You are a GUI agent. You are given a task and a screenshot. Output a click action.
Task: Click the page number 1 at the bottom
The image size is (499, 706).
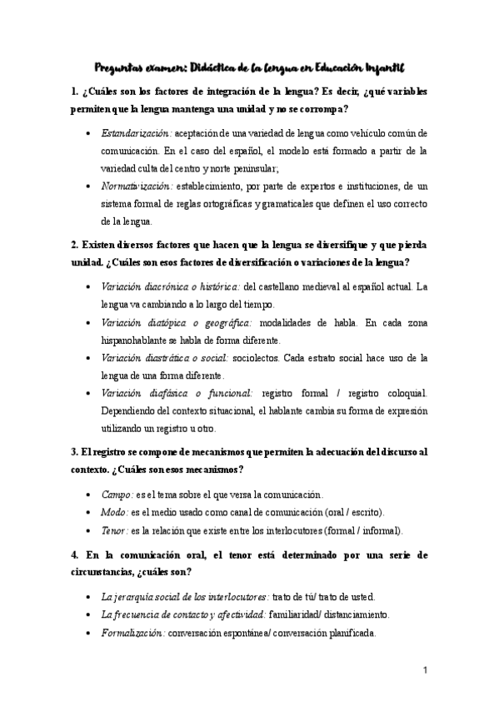click(424, 670)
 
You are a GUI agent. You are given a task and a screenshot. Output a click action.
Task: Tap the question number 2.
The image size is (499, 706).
click(74, 246)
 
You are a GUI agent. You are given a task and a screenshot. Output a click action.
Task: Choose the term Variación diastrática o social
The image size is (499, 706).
click(165, 358)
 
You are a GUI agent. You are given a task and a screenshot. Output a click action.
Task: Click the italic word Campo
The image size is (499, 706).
click(115, 495)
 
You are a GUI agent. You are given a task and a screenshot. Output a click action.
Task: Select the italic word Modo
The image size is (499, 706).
click(114, 512)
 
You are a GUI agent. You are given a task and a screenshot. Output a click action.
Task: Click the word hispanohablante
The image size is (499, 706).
click(134, 340)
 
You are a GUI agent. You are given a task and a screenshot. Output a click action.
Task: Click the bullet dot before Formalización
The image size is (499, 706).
click(89, 633)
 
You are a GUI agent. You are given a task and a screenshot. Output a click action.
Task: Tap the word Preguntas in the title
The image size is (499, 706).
click(120, 67)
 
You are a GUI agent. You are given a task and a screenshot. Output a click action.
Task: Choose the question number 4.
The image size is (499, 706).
click(74, 554)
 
